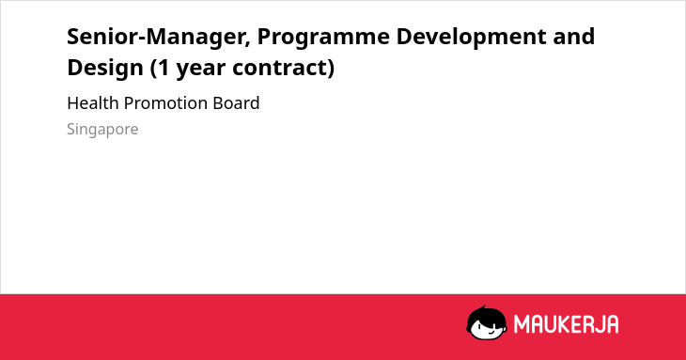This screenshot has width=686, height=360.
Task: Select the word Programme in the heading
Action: tap(323, 38)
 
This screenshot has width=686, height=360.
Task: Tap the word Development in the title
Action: tap(471, 38)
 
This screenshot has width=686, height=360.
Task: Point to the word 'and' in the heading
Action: tap(573, 37)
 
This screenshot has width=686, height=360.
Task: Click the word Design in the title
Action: tap(105, 69)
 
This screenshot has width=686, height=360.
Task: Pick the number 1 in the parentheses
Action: tap(164, 68)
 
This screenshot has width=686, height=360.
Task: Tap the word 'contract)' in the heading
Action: tap(284, 69)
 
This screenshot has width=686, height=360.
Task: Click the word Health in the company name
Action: tap(93, 103)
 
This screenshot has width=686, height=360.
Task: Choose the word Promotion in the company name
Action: tap(165, 103)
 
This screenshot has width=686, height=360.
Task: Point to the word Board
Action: tap(236, 103)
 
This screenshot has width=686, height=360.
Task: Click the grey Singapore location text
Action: tap(102, 130)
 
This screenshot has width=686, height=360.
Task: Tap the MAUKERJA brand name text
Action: tap(566, 324)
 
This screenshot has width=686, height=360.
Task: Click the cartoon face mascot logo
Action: tap(487, 322)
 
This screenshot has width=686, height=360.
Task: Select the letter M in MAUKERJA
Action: tap(521, 324)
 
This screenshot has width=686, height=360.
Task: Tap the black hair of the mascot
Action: tap(486, 314)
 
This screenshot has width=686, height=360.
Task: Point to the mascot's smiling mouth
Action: tap(491, 332)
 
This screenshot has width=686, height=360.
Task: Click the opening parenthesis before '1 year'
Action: tap(153, 69)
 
